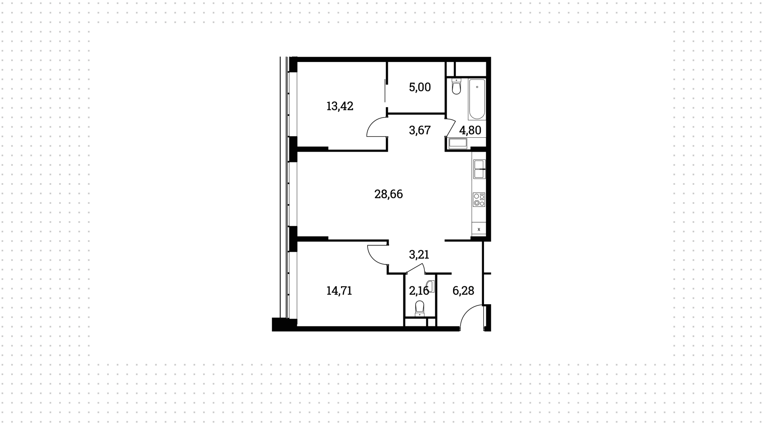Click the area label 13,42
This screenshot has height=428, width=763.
click(x=340, y=106)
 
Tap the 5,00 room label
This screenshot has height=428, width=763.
click(x=420, y=87)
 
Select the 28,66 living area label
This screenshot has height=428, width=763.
click(x=389, y=194)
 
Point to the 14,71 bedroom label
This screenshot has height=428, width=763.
click(x=339, y=291)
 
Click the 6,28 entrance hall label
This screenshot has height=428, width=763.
click(x=463, y=291)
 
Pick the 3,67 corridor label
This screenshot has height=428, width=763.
click(x=420, y=130)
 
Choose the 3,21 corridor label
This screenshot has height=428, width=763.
click(x=419, y=254)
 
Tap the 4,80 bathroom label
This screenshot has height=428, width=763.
click(x=470, y=130)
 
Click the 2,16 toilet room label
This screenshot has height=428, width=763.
click(x=419, y=291)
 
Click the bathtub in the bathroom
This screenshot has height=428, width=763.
click(x=477, y=99)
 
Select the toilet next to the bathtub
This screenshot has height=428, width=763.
click(x=456, y=87)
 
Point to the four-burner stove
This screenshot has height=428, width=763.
click(x=479, y=199)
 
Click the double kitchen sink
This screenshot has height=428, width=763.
click(x=479, y=169)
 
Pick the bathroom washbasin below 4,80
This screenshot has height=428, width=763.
click(x=458, y=143)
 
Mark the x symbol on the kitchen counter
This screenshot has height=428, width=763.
click(x=479, y=229)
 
